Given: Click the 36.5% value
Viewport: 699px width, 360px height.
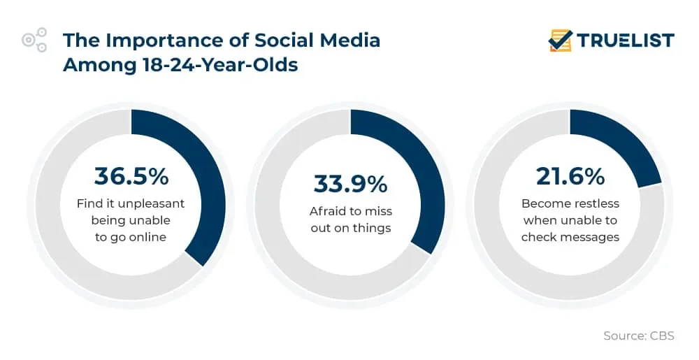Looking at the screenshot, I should pos(131,176).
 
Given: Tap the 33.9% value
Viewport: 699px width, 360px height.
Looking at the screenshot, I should pos(350,184).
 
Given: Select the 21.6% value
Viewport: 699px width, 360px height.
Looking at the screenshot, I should pos(570,177).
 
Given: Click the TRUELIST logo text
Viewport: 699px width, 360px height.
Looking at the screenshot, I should pos(626,41).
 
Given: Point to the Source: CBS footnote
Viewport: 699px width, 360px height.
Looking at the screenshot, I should pos(638,336).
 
